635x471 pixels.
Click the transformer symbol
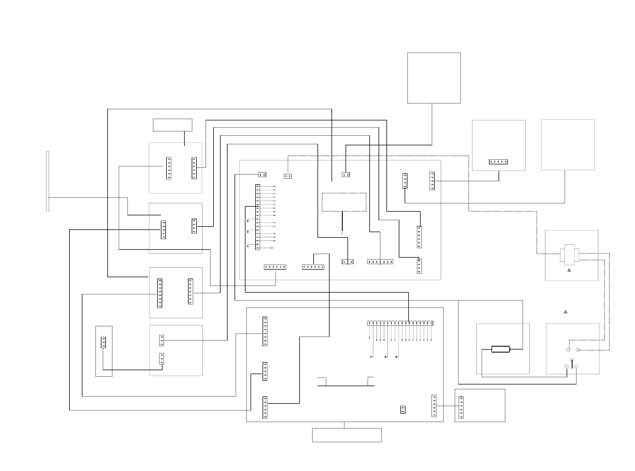tap(569, 253)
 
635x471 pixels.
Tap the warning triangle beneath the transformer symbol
tap(569, 270)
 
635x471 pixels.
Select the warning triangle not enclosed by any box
tap(566, 312)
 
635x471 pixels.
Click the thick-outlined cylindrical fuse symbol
tap(501, 349)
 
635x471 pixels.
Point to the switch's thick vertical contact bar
tap(572, 364)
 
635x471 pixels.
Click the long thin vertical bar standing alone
tap(48, 181)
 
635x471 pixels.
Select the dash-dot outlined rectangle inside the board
tap(344, 202)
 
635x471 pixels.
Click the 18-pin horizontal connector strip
tap(400, 323)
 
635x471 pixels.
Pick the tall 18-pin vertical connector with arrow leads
tap(258, 217)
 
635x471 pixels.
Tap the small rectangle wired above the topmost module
tap(172, 125)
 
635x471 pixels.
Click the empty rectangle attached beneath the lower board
tap(347, 435)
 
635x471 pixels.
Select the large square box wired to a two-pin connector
tap(434, 78)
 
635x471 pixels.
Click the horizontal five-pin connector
tap(498, 162)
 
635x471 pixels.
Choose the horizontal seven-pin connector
tap(380, 262)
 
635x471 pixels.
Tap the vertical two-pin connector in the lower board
tap(403, 409)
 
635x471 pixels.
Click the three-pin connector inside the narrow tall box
tap(103, 342)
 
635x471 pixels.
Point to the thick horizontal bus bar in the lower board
tap(346, 386)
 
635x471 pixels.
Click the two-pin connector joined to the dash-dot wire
tap(288, 176)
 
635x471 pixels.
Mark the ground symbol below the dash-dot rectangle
tap(342, 233)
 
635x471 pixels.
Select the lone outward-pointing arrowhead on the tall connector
tap(272, 248)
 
